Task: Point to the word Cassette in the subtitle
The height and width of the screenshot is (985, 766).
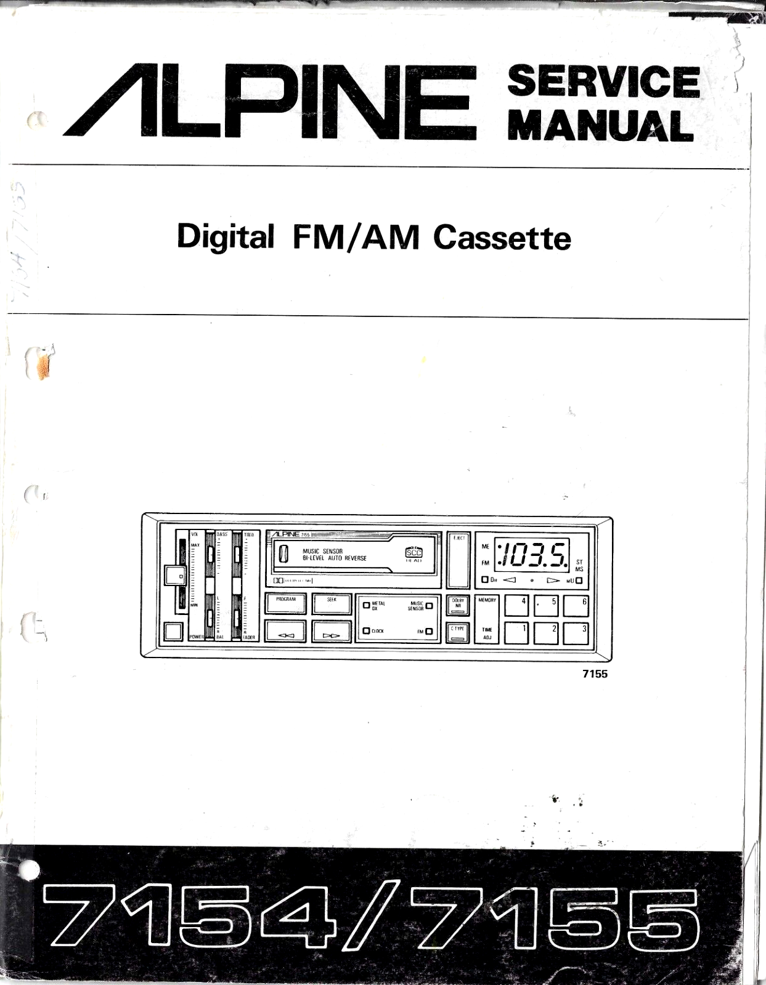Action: point(502,238)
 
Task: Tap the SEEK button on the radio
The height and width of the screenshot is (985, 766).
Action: point(332,604)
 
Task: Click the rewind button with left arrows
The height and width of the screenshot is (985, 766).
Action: point(285,632)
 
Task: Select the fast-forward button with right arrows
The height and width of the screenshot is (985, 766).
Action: point(332,632)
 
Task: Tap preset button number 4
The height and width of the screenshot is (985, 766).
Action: point(516,606)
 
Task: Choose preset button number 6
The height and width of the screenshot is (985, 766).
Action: point(576,606)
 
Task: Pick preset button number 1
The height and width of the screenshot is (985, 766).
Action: point(516,633)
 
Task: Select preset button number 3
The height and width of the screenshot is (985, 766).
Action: point(576,633)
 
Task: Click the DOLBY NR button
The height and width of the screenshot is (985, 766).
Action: point(457,605)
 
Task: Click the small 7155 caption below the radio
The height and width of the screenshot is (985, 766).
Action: point(595,673)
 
